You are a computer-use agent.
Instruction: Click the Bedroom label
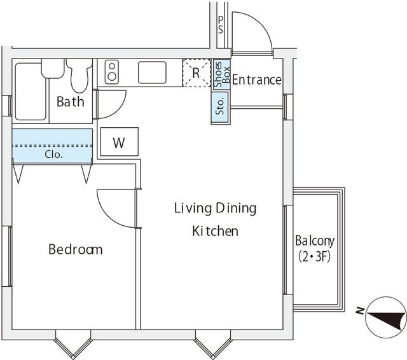pos(76,249)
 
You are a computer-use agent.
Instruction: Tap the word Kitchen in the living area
pos(215,231)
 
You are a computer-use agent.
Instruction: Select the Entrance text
pos(256,80)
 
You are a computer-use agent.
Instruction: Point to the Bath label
pos(71,102)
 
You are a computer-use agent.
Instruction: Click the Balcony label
pos(315,241)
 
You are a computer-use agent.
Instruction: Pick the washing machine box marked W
pos(120,142)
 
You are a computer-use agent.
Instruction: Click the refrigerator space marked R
pos(197,73)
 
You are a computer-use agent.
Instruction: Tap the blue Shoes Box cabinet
pos(222,74)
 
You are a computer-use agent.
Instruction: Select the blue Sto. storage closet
pos(220,107)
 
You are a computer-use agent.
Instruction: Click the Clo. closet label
pos(53,155)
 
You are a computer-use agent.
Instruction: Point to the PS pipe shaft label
pos(221,25)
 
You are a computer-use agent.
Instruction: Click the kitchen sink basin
pos(152,73)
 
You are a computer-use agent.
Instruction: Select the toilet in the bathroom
pos(79,75)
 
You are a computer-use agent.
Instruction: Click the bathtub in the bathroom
pos(31,92)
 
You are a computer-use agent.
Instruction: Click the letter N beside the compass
pos(360,310)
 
